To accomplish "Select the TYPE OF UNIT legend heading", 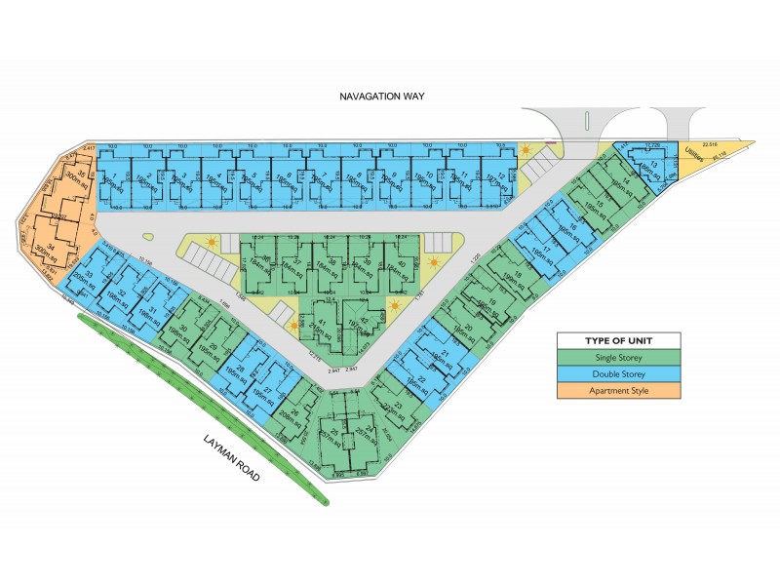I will pos(617,340).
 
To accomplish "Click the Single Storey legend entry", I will pos(617,357).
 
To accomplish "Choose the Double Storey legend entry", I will pos(617,374).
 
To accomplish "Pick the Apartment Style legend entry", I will pos(617,391).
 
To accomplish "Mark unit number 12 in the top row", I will pos(500,175).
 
